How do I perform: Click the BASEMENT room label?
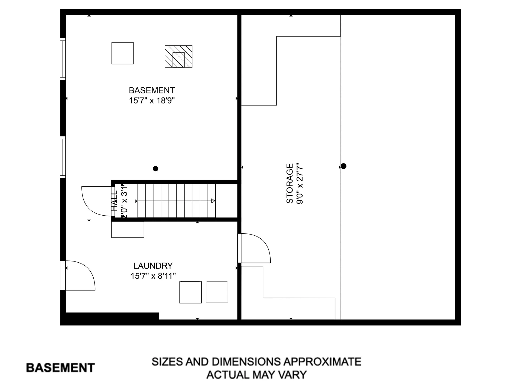[x=152, y=90]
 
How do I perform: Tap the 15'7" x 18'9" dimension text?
[x=152, y=100]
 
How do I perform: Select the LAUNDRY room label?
[x=153, y=266]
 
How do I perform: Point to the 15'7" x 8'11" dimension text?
[x=153, y=276]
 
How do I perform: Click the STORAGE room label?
[x=290, y=183]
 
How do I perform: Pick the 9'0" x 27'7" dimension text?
[x=300, y=183]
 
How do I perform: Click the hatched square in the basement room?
[x=179, y=56]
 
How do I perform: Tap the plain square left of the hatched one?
[x=122, y=53]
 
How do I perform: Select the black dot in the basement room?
[x=155, y=169]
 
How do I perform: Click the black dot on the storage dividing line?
[x=344, y=166]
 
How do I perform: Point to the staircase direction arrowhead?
[x=213, y=201]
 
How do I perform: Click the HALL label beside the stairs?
[x=115, y=201]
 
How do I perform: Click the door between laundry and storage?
[x=255, y=248]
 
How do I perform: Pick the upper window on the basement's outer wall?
[x=63, y=59]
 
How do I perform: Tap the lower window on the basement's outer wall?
[x=63, y=157]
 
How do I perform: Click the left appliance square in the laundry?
[x=190, y=292]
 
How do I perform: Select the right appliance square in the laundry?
[x=217, y=292]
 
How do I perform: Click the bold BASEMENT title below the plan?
[x=61, y=368]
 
